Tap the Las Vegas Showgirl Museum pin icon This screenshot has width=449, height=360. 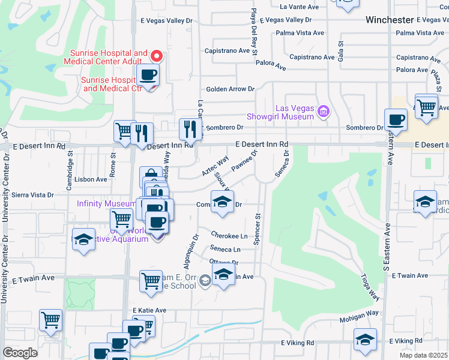click(324, 110)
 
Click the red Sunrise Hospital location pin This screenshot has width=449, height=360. click(156, 56)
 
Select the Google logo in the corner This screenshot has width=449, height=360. click(20, 352)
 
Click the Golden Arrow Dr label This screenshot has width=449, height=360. click(231, 89)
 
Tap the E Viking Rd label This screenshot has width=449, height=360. click(298, 343)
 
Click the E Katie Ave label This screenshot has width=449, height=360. click(149, 311)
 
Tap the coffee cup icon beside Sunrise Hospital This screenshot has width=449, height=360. click(148, 75)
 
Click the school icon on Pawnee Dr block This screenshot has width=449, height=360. click(222, 201)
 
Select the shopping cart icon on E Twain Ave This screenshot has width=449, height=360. click(151, 280)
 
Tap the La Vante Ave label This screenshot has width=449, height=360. click(299, 7)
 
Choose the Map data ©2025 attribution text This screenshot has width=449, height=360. click(423, 355)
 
